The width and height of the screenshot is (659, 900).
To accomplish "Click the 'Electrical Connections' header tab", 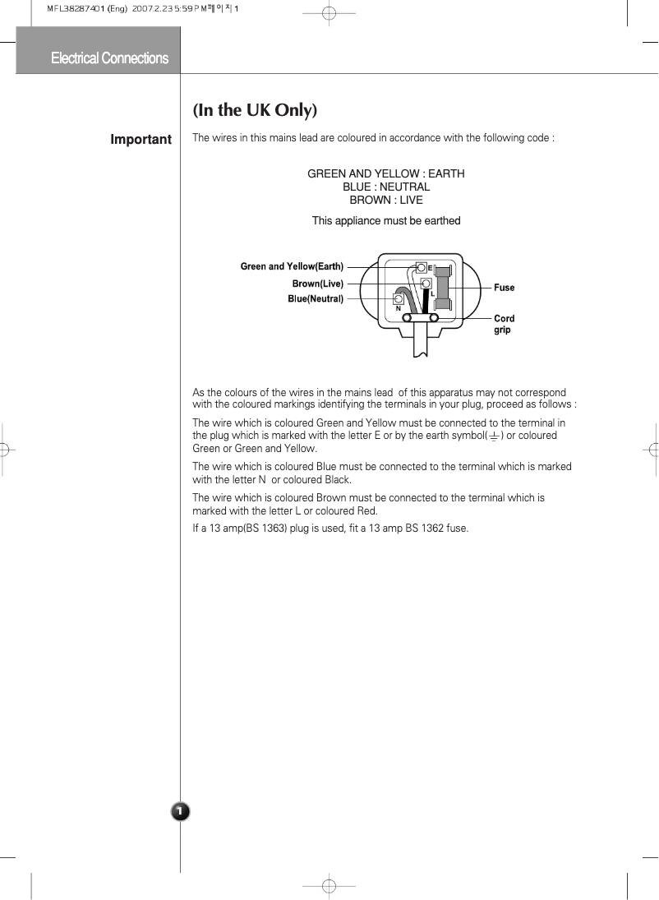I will click(109, 58).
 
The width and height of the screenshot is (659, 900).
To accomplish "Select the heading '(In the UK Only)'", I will click(255, 110).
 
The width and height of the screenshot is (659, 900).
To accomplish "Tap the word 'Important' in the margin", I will click(141, 140).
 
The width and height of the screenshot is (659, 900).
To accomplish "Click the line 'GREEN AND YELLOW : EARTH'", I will click(385, 174).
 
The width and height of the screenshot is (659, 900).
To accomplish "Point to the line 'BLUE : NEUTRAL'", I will click(385, 187).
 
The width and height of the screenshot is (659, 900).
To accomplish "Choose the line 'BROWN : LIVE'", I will click(385, 201).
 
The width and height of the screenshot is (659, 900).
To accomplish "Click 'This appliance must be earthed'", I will click(385, 221).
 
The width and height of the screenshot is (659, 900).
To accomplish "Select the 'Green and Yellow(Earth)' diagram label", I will click(292, 266).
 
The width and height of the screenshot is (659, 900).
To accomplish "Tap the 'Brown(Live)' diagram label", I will click(317, 284).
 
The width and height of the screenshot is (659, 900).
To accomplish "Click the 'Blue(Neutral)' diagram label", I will click(315, 299).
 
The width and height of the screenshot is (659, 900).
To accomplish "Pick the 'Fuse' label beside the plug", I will click(504, 288).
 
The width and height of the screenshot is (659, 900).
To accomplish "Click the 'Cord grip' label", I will click(503, 324).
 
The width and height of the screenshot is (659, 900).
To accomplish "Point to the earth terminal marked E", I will click(422, 268).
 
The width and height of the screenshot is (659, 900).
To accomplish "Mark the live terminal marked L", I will click(426, 284).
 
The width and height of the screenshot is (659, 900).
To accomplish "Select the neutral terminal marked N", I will click(399, 301).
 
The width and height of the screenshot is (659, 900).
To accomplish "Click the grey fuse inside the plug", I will click(442, 288).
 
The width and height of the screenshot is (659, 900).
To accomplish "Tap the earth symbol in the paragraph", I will click(494, 436).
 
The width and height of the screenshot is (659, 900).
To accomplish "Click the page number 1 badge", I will click(180, 812).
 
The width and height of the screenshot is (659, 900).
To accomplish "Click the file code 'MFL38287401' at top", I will click(70, 10).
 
